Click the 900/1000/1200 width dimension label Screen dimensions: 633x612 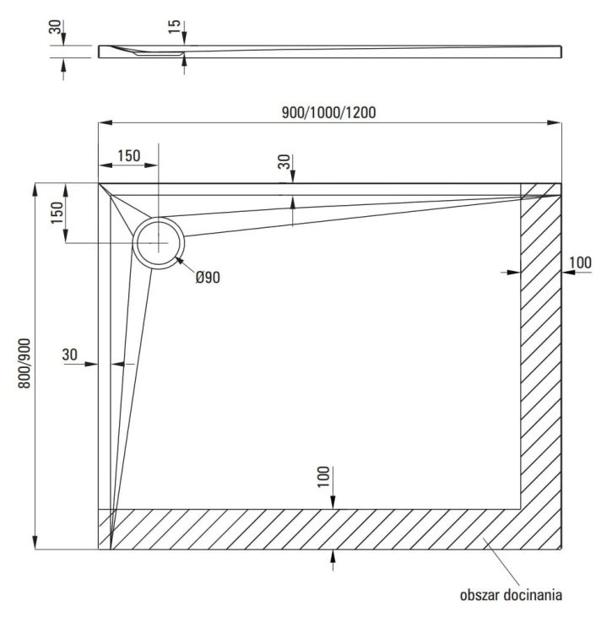coord(330,112)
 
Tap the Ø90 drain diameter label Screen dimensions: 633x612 coord(208,277)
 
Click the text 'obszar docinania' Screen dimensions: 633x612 coord(511,595)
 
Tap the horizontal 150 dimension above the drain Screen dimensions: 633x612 coord(128,155)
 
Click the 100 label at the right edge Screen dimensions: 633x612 coord(580,262)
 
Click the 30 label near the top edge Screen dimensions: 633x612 coord(284,162)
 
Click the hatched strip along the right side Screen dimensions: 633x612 coord(540,354)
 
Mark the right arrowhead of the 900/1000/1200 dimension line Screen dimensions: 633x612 coord(557,123)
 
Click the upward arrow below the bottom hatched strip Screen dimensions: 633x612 coord(334,555)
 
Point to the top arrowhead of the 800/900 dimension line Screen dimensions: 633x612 coord(35,188)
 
